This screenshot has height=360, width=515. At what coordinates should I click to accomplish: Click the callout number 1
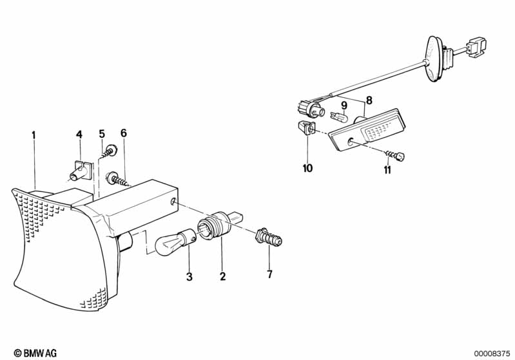[x=34, y=135]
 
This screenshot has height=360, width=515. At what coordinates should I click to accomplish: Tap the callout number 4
[x=79, y=135]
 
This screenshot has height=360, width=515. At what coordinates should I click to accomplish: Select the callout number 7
[x=269, y=274]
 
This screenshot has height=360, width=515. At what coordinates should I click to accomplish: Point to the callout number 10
[x=307, y=168]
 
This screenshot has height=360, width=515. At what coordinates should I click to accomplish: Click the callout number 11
[x=387, y=170]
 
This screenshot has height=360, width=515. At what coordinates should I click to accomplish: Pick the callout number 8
[x=369, y=100]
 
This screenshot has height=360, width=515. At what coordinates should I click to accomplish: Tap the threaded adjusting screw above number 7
[x=269, y=237]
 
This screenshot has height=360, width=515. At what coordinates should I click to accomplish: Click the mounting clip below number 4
[x=81, y=171]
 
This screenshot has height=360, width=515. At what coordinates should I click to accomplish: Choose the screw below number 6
[x=117, y=180]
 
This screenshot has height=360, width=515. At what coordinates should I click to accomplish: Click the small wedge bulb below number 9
[x=338, y=115]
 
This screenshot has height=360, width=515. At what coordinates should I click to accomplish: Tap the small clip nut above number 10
[x=306, y=128]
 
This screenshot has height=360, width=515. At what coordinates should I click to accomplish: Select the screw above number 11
[x=395, y=156]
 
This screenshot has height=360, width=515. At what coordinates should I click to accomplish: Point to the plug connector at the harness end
[x=476, y=48]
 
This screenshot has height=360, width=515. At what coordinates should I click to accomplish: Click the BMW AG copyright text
[x=35, y=353]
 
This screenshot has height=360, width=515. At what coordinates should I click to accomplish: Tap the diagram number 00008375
[x=492, y=354]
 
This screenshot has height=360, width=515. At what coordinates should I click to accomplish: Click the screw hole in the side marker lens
[x=351, y=142]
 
